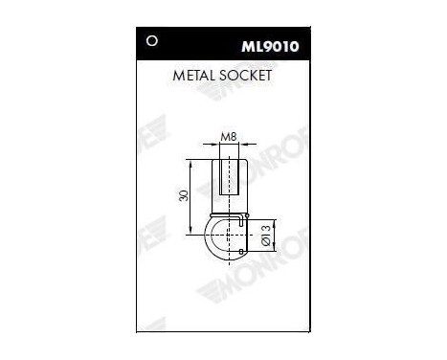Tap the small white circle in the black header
149,40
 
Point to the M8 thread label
228,138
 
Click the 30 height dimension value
184,195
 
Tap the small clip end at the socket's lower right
246,251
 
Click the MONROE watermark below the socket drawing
230,287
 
